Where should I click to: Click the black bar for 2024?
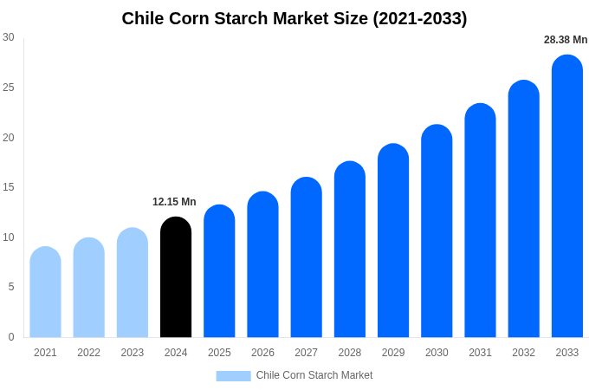point(176,277)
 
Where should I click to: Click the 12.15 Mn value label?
point(174,202)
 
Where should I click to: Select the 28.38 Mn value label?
point(566,40)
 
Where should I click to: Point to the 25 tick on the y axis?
point(9,88)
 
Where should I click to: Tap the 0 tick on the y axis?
point(11,337)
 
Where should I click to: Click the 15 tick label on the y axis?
point(9,187)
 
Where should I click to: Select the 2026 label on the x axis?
point(262,353)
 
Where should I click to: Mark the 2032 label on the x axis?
point(523,353)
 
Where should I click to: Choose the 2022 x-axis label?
point(88,353)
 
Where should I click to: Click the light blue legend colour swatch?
point(233,376)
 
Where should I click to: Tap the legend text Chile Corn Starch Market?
point(314,375)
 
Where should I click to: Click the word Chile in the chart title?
point(143,18)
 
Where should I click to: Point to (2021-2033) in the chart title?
point(419,18)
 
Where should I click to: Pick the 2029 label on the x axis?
point(393,353)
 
